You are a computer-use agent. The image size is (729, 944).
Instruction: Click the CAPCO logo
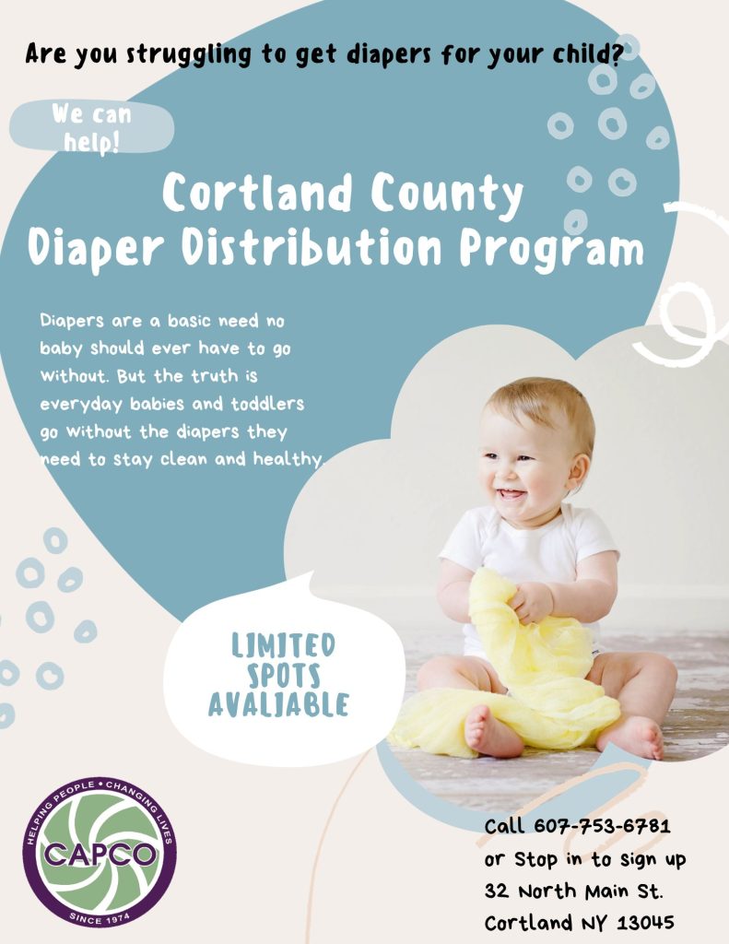pyautogui.click(x=100, y=851)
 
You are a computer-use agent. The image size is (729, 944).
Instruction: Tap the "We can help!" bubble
pyautogui.click(x=91, y=128)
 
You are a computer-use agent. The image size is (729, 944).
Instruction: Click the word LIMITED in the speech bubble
pyautogui.click(x=283, y=644)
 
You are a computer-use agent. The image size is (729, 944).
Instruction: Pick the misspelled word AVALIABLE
pyautogui.click(x=278, y=705)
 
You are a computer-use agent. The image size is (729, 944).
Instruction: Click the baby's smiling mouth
pyautogui.click(x=510, y=495)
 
